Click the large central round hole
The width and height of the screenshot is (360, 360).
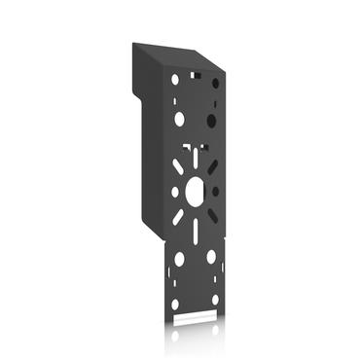click(194, 187)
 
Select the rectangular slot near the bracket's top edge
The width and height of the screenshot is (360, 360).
click(195, 73)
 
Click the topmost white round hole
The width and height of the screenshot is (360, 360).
click(175, 78)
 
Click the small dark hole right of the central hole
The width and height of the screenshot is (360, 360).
click(215, 191)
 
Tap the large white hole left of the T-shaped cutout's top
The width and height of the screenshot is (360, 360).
click(179, 119)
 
